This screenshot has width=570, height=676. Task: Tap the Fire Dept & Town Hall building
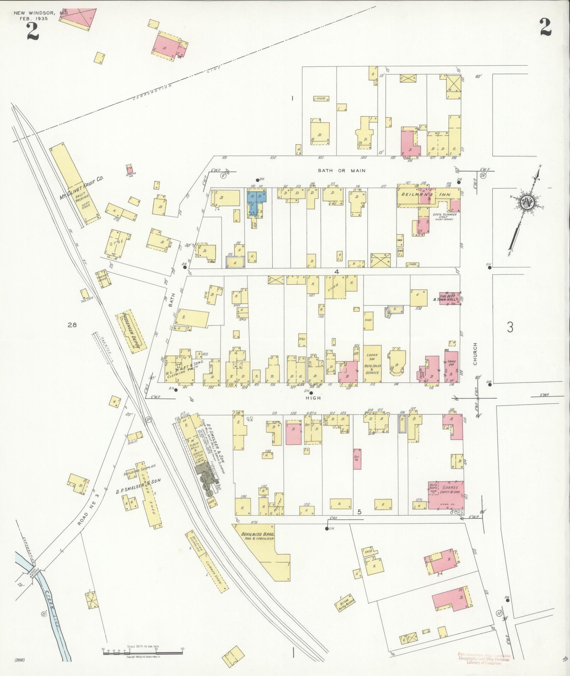point(449,298)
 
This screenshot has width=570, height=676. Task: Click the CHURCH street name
point(475,354)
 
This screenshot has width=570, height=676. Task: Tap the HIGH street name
point(313,398)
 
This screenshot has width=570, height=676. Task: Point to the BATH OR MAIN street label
point(341,171)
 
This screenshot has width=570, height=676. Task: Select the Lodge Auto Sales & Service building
point(372,364)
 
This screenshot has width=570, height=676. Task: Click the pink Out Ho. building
point(357,459)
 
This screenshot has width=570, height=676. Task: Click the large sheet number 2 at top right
point(545,27)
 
